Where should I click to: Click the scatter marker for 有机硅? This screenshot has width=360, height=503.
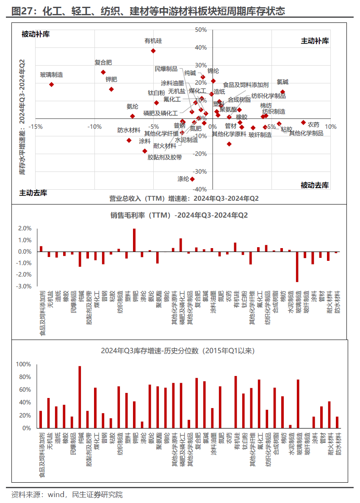153,51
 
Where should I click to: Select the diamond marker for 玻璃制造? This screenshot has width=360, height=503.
52,84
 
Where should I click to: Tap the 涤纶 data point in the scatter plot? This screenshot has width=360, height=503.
192,179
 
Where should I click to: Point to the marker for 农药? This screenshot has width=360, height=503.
303,122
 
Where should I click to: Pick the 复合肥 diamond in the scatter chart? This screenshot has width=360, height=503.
103,72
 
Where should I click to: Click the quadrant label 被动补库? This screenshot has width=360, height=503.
36,34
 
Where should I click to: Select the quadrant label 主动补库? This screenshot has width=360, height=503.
315,41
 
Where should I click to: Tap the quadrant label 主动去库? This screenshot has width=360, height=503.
33,193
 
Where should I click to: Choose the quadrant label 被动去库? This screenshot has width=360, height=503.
315,185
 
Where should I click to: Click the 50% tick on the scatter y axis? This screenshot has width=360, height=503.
201,30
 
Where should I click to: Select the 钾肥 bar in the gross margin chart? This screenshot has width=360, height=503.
134,240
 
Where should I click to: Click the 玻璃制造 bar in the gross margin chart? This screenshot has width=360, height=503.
297,267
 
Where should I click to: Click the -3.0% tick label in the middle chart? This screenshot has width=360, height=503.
25,286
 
